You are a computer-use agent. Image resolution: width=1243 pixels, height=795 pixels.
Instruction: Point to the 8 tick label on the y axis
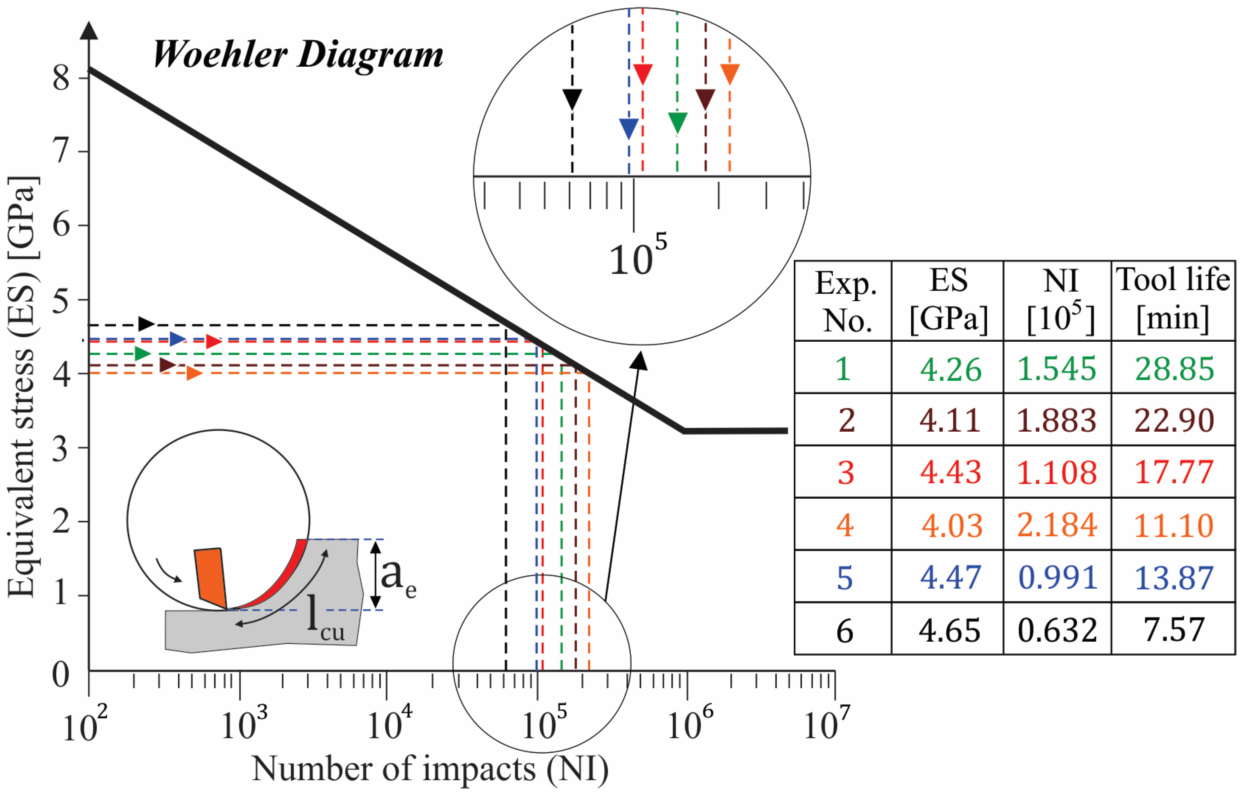pos(61,78)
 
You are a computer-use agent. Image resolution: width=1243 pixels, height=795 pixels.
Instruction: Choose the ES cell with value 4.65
pos(949,630)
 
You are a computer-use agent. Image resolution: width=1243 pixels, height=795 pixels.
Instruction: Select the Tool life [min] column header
pos(1173,300)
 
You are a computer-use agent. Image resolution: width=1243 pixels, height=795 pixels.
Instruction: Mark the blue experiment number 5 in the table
pos(845,577)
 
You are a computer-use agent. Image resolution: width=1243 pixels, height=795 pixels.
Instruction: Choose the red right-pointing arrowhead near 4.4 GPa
pos(214,342)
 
